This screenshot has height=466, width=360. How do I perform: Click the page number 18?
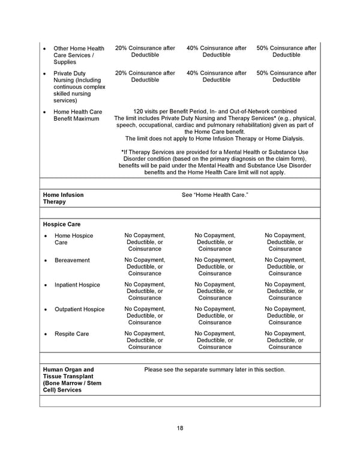[x=180, y=428]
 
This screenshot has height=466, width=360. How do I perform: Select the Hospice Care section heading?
[x=61, y=224]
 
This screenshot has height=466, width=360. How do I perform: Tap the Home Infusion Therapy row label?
[x=63, y=198]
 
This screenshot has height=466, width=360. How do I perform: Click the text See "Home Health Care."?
[x=215, y=195]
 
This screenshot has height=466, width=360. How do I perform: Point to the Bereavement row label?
[x=72, y=261]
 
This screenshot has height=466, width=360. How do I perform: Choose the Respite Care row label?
[x=72, y=334]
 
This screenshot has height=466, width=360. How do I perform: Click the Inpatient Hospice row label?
[x=77, y=285]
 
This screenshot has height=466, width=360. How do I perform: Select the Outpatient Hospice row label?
[x=79, y=310]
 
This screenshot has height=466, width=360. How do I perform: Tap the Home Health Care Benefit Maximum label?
[x=78, y=115]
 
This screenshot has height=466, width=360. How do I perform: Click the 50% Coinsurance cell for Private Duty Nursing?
[x=286, y=77]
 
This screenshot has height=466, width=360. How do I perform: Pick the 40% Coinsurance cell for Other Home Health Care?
[x=216, y=52]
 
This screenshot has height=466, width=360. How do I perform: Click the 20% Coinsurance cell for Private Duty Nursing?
[x=145, y=77]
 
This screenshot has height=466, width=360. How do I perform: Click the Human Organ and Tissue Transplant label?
[x=68, y=380]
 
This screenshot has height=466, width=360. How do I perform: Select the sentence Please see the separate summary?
[x=215, y=370]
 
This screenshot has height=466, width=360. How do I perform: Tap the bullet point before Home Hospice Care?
[x=46, y=236]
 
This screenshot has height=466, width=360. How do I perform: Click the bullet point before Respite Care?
[x=46, y=334]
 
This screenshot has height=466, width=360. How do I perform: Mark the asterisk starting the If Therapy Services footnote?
[x=122, y=153]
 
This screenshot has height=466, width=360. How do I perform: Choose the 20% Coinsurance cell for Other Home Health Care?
[x=145, y=52]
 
